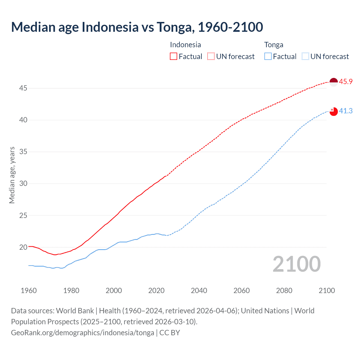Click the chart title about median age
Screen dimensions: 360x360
click(x=137, y=27)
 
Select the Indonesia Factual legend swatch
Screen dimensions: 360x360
click(x=174, y=57)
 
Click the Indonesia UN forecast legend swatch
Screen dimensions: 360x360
click(x=211, y=57)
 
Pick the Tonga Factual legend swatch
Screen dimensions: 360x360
click(x=268, y=57)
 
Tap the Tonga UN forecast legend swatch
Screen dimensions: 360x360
click(x=305, y=57)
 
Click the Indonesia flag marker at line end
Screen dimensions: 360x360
click(x=334, y=82)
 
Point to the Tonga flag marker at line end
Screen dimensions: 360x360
click(x=334, y=111)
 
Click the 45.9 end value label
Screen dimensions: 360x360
click(x=346, y=82)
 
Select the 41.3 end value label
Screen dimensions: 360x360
click(x=346, y=111)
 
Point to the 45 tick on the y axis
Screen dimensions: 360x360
click(x=23, y=88)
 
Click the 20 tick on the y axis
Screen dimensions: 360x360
click(x=23, y=247)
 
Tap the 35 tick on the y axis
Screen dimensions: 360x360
click(x=23, y=152)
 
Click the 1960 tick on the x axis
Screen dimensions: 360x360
click(x=29, y=291)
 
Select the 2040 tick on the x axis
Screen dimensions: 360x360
click(x=199, y=291)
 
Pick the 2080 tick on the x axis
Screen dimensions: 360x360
click(x=284, y=291)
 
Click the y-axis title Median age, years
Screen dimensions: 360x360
click(x=12, y=175)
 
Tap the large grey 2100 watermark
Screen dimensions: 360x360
click(x=296, y=264)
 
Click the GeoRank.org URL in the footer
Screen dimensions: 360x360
click(x=82, y=333)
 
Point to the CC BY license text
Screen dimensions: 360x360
click(x=170, y=333)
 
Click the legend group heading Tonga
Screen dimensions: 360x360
click(x=274, y=45)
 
